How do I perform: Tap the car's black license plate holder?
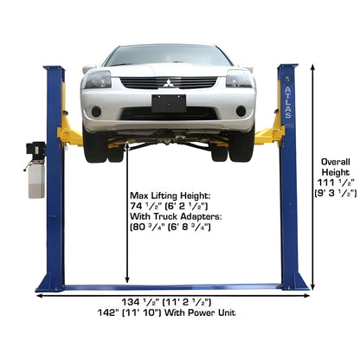tap(168, 104)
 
